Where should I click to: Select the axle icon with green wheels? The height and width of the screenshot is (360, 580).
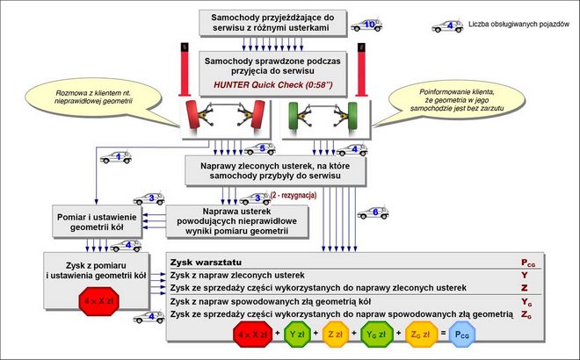point(323,118)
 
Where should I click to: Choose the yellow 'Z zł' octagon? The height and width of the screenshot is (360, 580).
point(335,334)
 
